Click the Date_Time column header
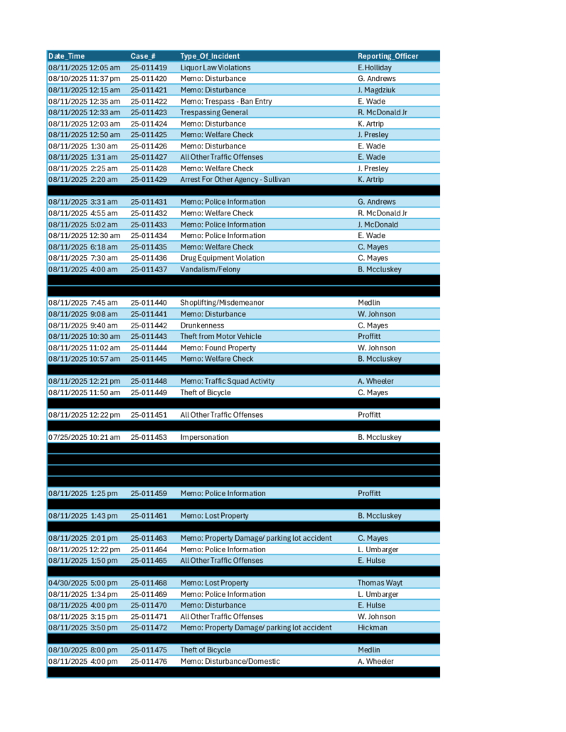coord(66,56)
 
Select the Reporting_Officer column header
coord(388,56)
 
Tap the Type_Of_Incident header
coord(210,56)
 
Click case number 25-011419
coord(149,68)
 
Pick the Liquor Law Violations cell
coord(215,68)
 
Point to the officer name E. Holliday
coord(375,68)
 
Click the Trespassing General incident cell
coord(214,112)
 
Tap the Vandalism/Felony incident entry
coord(210,269)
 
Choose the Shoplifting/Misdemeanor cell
coord(222,303)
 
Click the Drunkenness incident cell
coord(202,325)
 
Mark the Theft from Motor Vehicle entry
coord(220,336)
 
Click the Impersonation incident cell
coord(204,438)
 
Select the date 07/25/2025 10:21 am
coord(84,438)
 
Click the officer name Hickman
coord(372,628)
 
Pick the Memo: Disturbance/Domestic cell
coord(230,662)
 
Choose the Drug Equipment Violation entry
coord(222,258)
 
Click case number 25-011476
coord(149,662)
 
